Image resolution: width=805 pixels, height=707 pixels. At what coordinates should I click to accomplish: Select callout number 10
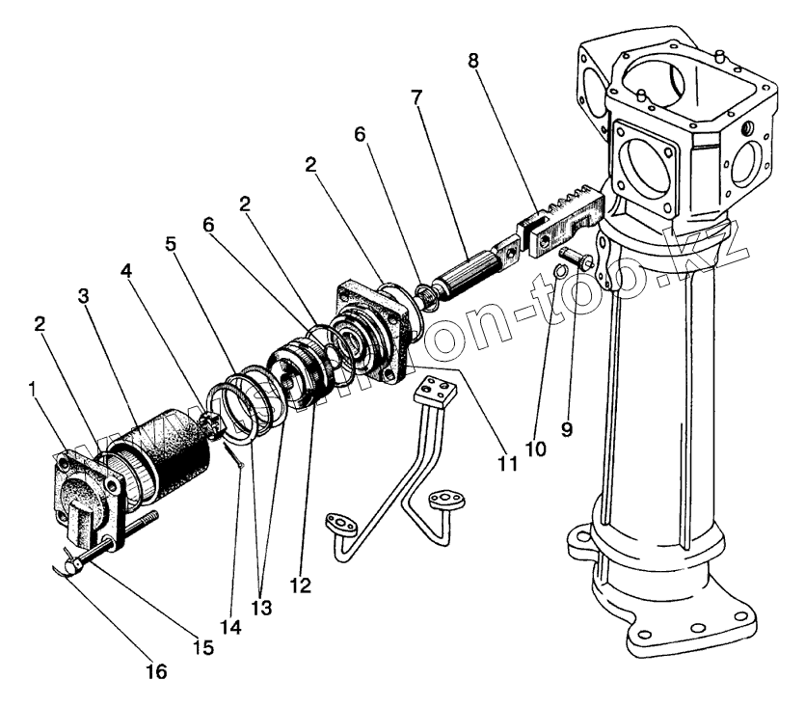536,449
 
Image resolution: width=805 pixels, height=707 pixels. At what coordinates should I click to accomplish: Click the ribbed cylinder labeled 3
170,454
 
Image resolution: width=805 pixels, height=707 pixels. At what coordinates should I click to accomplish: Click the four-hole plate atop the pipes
432,392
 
